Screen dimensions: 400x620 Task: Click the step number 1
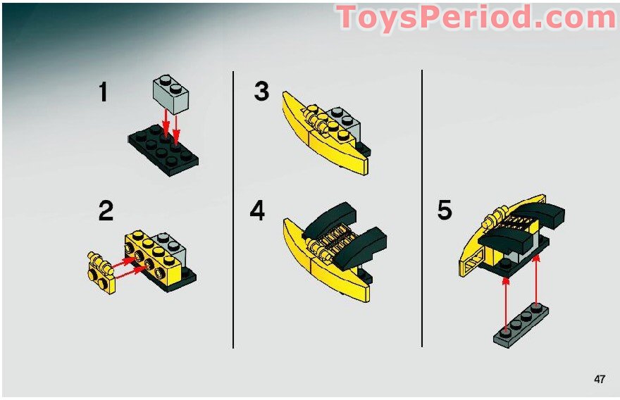(104, 92)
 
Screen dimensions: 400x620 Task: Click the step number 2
(106, 211)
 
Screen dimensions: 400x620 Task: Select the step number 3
(261, 92)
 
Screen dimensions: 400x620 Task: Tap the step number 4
(258, 211)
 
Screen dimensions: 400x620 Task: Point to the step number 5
(444, 210)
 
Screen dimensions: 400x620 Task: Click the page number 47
(599, 379)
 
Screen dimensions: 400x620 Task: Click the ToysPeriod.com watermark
(476, 18)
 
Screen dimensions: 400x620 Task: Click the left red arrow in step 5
(505, 301)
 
